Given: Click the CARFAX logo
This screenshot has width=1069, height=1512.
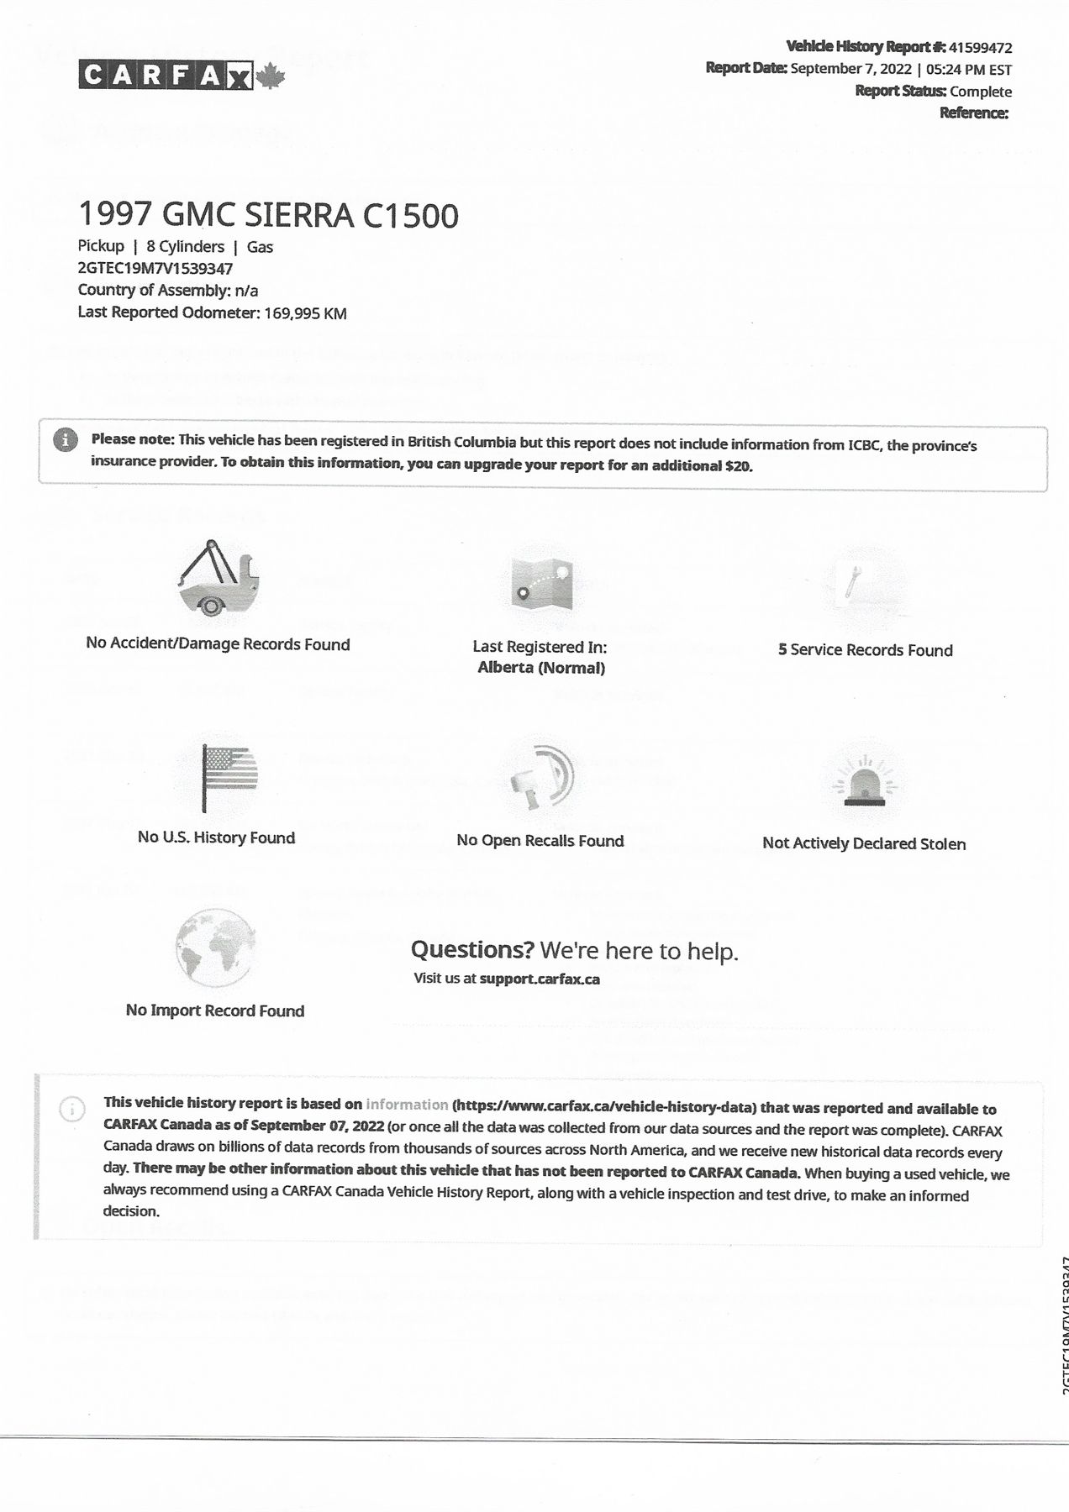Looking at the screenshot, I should (x=166, y=76).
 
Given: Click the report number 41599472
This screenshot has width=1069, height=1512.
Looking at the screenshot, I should (x=980, y=48).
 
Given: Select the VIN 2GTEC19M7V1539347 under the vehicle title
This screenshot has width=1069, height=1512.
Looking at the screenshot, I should (x=155, y=269).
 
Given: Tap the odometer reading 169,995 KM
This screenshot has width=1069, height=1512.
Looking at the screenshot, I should (x=305, y=313).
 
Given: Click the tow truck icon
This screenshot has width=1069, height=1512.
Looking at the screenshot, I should (x=219, y=580).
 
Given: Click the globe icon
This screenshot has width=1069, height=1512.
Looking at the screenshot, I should (x=216, y=948).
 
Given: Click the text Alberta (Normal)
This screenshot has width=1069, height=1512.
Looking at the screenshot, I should (x=541, y=668).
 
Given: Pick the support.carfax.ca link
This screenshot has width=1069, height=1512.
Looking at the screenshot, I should (x=540, y=979).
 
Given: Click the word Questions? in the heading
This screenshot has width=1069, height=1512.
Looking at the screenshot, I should (x=472, y=950).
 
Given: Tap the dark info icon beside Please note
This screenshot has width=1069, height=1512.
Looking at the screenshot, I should (x=65, y=440).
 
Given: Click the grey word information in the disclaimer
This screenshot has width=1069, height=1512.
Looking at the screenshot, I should (x=407, y=1105).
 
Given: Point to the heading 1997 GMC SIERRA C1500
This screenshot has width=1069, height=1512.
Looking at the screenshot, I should (x=268, y=215).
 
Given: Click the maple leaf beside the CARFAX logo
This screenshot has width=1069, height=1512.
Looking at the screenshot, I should (x=270, y=77).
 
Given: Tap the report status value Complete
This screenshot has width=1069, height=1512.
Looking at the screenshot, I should (x=981, y=92).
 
